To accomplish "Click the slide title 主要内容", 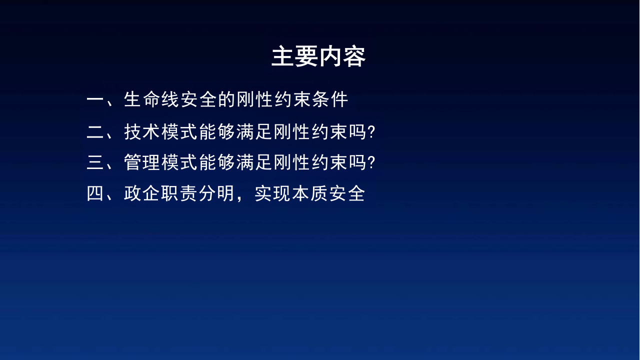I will (318, 57).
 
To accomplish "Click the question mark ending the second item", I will (371, 132).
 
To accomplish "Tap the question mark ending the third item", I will (371, 163).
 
